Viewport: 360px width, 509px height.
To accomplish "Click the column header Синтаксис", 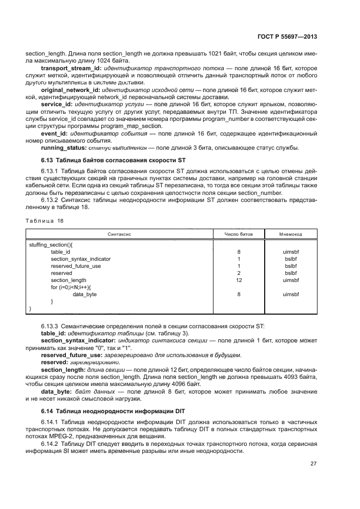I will point(118,234).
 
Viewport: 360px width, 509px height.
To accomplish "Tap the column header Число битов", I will point(239,234).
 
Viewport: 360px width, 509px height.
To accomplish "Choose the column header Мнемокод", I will point(291,234).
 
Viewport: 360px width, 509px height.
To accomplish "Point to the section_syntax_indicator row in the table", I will point(81,259).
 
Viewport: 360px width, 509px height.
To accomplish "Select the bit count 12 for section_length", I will point(239,280).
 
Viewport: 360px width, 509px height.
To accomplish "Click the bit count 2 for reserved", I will point(239,273).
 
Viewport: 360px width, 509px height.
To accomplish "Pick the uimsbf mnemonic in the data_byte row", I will point(291,294).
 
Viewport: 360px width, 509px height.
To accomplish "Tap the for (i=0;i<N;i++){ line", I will point(71,287).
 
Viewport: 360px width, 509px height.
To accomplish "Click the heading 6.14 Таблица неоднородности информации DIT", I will point(111,409).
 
